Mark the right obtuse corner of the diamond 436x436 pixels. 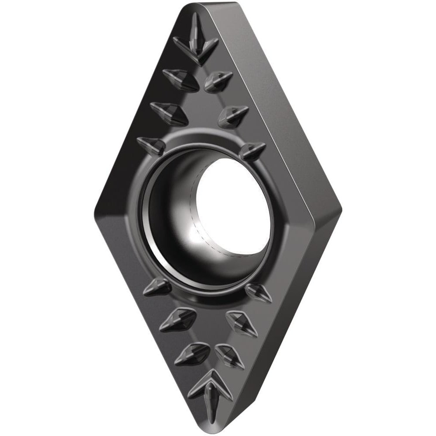point(339,209)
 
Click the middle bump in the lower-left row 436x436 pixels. point(176,319)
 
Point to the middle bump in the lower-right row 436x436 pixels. point(242,323)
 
